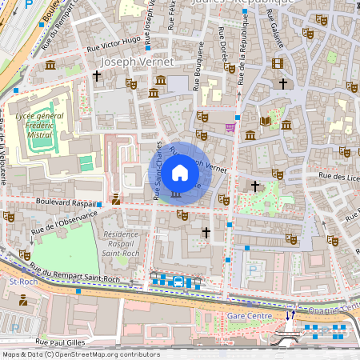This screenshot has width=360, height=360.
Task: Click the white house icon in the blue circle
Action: (180, 172)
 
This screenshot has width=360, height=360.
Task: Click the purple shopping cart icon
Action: (230, 126)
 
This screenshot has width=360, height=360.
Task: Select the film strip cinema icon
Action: (277, 63)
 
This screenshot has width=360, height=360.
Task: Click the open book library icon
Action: (266, 121)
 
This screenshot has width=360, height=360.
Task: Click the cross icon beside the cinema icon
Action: (282, 83)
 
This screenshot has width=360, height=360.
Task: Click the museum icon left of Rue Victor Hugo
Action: (50, 65)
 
